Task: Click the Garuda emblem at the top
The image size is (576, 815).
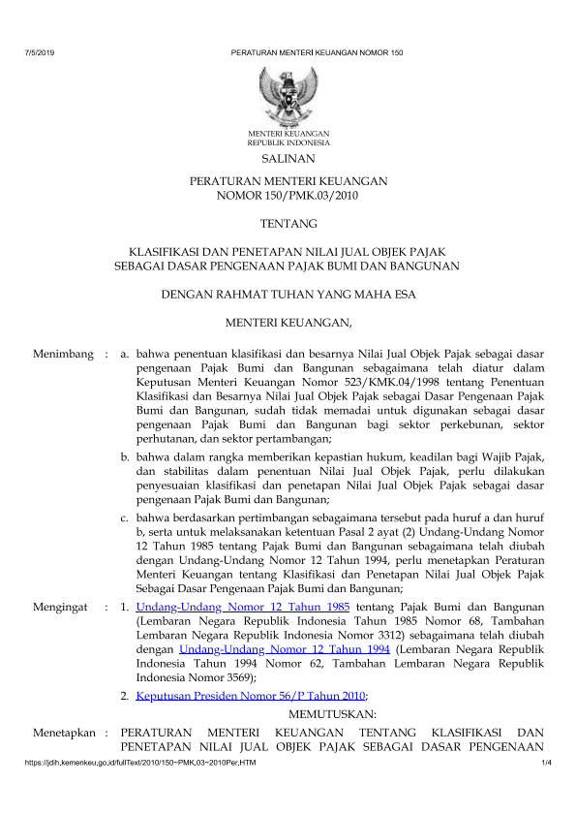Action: [288, 94]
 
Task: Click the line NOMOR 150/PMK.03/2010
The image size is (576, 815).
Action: [288, 196]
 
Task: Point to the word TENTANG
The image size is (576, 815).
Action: [288, 224]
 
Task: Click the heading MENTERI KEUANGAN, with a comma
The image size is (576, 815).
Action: [288, 320]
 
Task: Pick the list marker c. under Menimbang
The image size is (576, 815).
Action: [125, 518]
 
